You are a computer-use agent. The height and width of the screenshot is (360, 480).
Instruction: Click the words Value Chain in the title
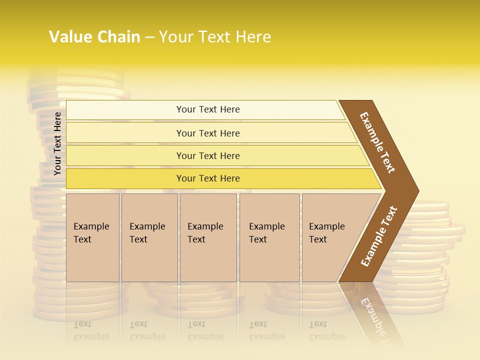point(94,37)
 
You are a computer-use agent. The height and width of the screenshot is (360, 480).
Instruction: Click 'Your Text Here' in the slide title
point(214,37)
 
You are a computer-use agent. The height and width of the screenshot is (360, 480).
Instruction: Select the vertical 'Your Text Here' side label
point(57,143)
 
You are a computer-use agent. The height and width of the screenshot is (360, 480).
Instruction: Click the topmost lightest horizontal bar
point(207,109)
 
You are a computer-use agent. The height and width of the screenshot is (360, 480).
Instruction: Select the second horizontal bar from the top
point(207,133)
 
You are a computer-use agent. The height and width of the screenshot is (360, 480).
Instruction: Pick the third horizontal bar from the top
point(207,155)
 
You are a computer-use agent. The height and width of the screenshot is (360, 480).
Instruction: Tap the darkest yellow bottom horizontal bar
point(207,178)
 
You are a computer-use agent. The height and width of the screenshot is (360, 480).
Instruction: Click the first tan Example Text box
point(92,237)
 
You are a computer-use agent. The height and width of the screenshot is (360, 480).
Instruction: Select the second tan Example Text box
point(149,237)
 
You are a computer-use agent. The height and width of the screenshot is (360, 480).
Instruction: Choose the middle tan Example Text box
point(208,237)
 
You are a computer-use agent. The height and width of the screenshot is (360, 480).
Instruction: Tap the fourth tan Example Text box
point(269,237)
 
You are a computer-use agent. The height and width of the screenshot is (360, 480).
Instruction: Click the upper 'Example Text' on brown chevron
point(377,142)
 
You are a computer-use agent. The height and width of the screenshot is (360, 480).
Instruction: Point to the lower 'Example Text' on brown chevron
point(378,236)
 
